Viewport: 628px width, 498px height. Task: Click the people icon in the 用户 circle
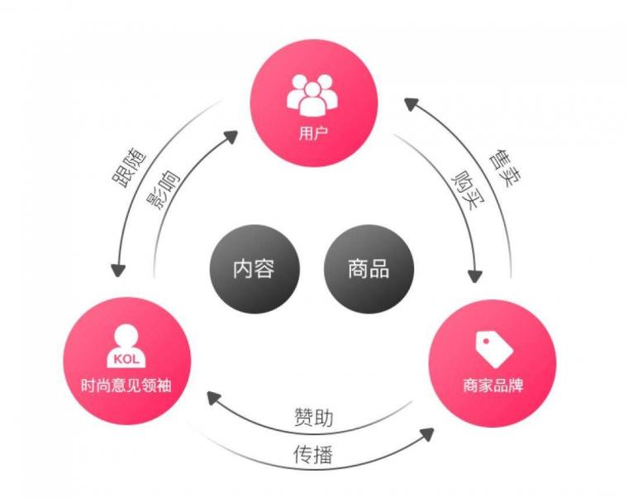312,94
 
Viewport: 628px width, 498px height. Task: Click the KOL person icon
126,346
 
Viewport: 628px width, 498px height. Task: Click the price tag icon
493,348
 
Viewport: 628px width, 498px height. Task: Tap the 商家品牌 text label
493,385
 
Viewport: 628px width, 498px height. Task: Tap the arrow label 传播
314,454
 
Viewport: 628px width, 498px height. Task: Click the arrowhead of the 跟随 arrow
117,271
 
